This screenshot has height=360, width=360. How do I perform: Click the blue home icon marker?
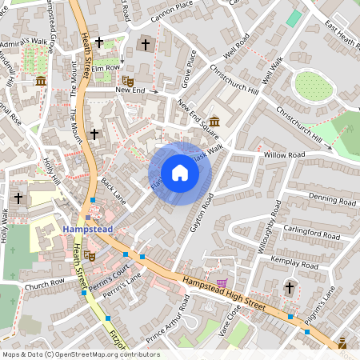(x=180, y=173)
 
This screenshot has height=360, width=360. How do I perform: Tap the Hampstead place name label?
(x=88, y=229)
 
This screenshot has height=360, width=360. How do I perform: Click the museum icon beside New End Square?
(x=214, y=121)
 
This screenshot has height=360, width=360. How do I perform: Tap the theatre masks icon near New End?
(x=127, y=80)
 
